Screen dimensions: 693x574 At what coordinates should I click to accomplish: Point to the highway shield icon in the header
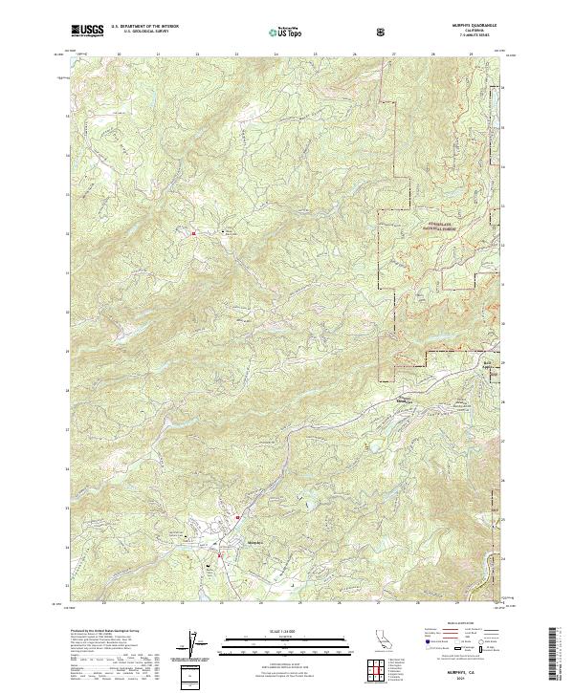tap(384, 32)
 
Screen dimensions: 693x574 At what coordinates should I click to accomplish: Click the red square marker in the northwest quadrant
tap(194, 232)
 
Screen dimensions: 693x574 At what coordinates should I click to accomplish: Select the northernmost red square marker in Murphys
tap(236, 517)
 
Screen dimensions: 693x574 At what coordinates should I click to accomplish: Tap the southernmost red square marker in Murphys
tap(221, 554)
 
